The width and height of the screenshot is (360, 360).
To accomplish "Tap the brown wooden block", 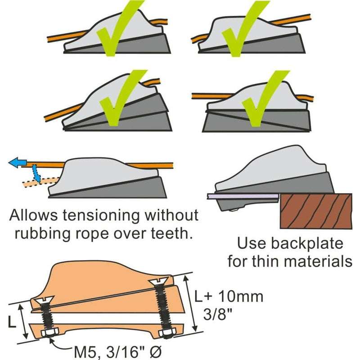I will pyautogui.click(x=315, y=211).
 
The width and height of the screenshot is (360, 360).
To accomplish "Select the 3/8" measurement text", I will pyautogui.click(x=212, y=314).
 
